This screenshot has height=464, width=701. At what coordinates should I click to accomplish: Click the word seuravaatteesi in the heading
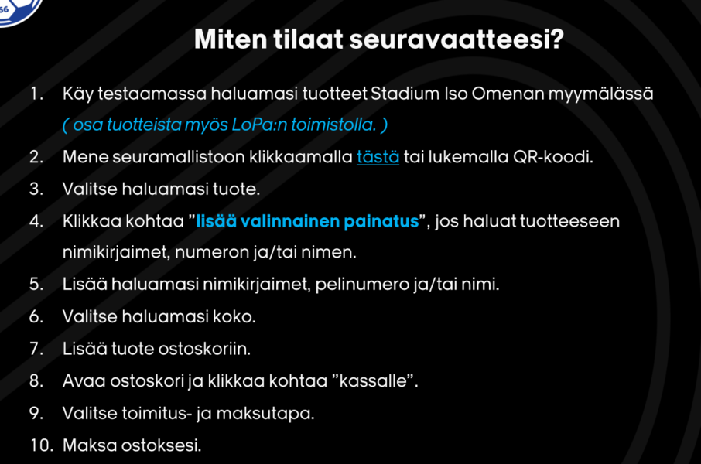pyautogui.click(x=457, y=39)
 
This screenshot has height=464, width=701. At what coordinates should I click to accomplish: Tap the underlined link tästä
pyautogui.click(x=378, y=157)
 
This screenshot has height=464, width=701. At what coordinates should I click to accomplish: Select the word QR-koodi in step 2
pyautogui.click(x=553, y=157)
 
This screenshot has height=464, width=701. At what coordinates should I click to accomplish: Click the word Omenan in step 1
pyautogui.click(x=508, y=94)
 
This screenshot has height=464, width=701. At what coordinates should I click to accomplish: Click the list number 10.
pyautogui.click(x=42, y=445)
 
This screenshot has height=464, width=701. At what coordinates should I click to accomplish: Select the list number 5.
pyautogui.click(x=36, y=285)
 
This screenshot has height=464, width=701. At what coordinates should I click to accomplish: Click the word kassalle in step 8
pyautogui.click(x=373, y=380)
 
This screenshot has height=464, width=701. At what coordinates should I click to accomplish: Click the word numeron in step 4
pyautogui.click(x=211, y=253)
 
